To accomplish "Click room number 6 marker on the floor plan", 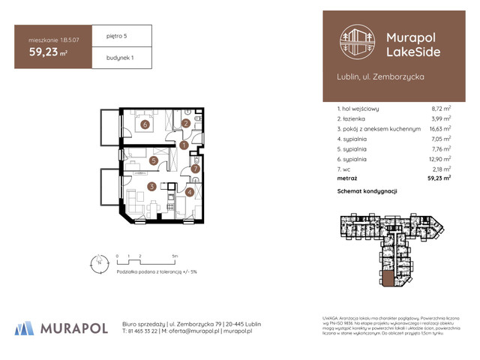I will pos(143,125).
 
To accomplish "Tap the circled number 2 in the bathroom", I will pos(185,124).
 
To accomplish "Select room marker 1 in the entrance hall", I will pos(183,144).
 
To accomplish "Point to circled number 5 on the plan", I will pos(153,160).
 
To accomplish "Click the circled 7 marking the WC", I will pos(194,169).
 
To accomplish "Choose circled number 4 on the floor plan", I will pos(189,192).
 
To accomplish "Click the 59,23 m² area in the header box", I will pos(46,53).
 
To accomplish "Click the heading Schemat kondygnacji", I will pos(367,193).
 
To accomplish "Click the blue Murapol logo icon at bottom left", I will pos(25,328).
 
